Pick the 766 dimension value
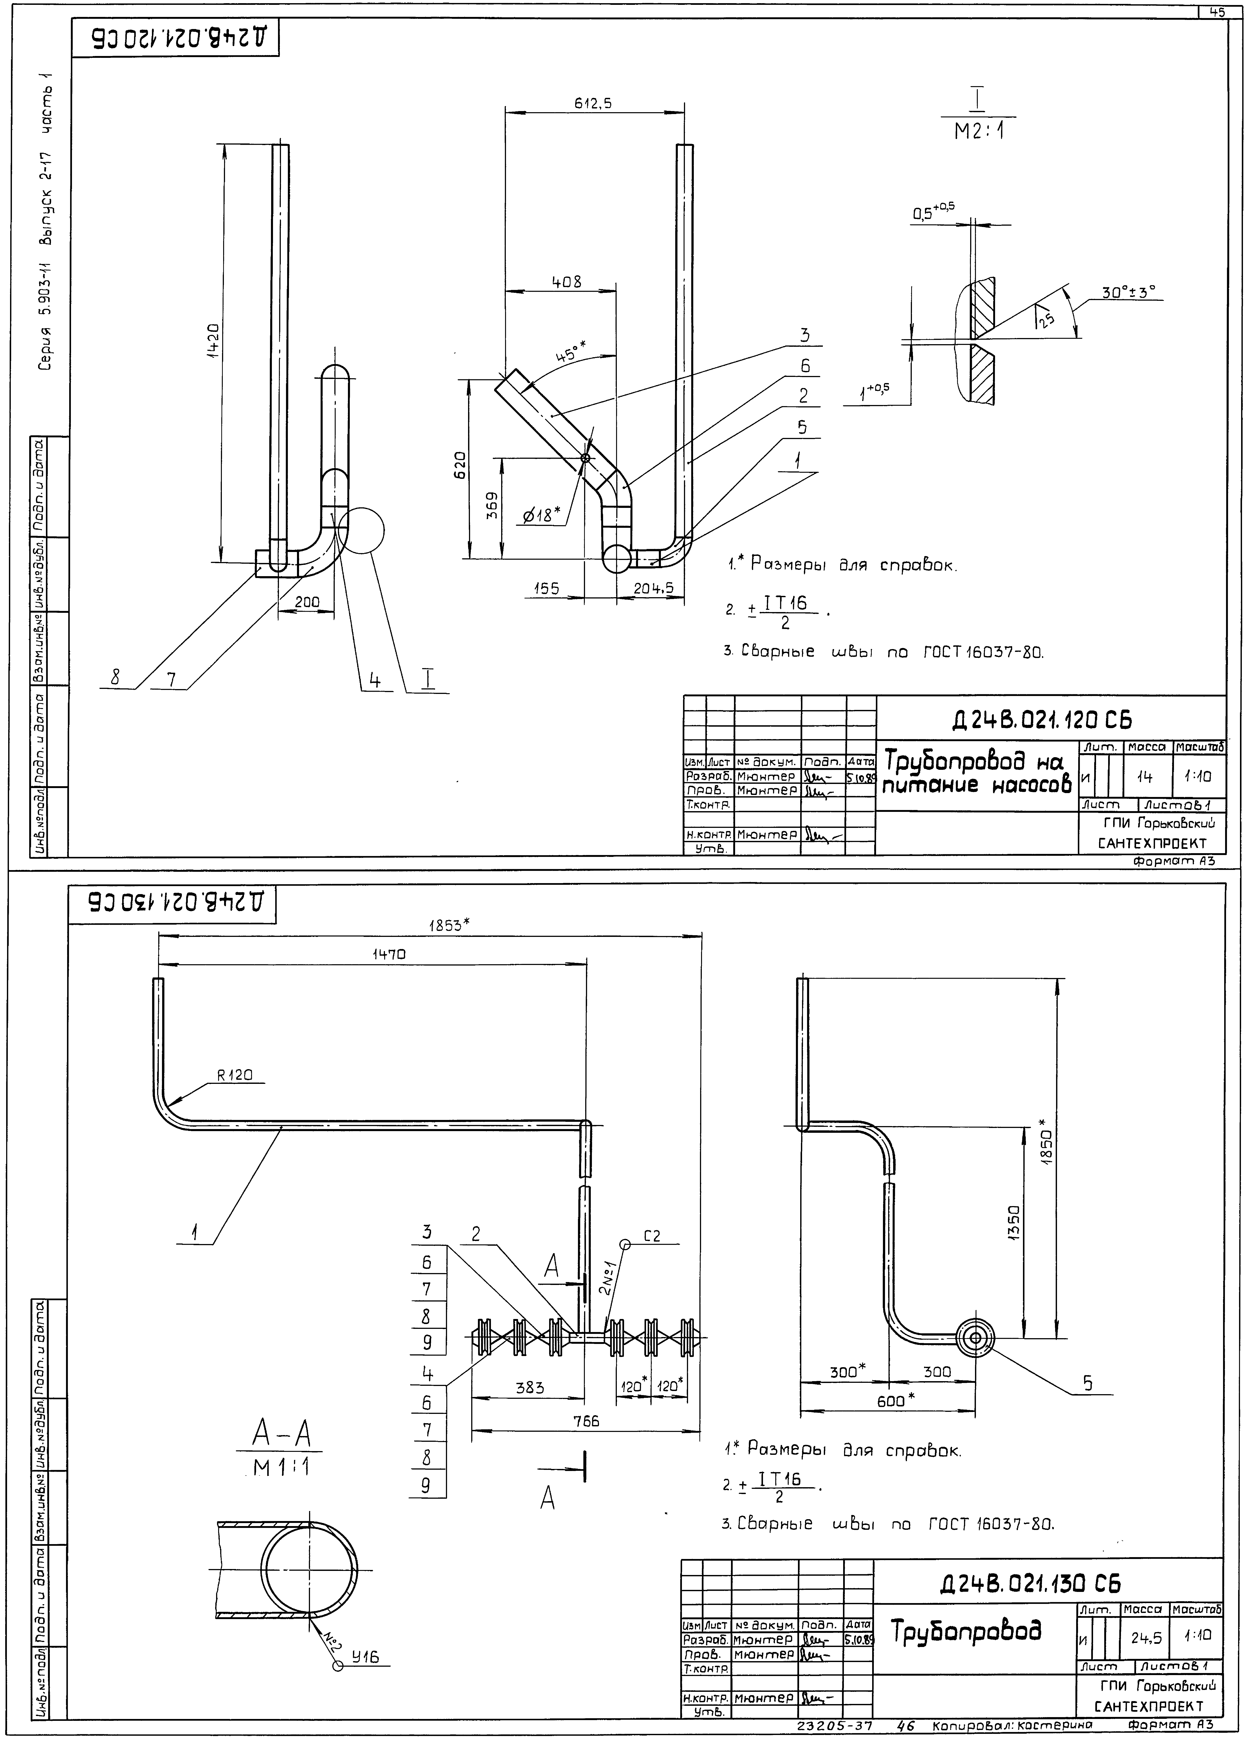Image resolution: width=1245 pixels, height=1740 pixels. click(587, 1421)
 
